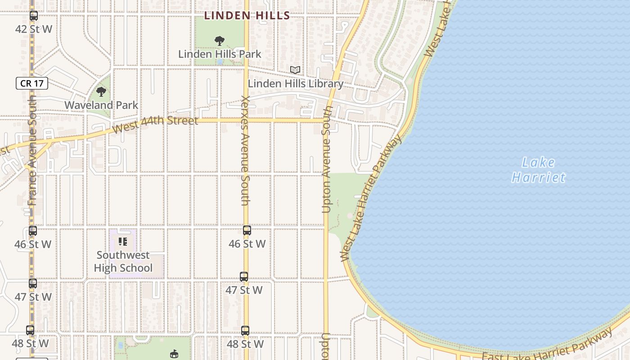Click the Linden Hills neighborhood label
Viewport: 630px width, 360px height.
[x=247, y=15]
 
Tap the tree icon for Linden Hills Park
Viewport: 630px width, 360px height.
[x=220, y=41]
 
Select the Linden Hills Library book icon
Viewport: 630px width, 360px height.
[x=295, y=70]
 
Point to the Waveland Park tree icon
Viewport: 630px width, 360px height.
[x=101, y=92]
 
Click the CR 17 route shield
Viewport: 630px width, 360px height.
[x=32, y=83]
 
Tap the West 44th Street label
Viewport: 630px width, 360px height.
[x=155, y=124]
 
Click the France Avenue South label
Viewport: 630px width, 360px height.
[x=32, y=150]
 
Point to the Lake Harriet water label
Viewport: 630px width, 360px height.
[x=539, y=170]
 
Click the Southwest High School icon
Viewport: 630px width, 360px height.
[x=123, y=242]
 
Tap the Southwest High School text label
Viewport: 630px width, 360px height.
[x=123, y=261]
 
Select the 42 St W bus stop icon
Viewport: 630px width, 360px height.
[x=34, y=16]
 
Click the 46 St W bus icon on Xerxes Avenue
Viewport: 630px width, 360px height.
[x=247, y=230]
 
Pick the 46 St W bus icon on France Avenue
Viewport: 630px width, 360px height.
[x=33, y=231]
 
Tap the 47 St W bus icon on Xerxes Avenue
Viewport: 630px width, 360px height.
[x=244, y=277]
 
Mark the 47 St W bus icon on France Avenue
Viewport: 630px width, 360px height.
[x=33, y=283]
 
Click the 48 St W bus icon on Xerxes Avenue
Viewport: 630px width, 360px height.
[x=245, y=331]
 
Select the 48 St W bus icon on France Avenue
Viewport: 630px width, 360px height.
[x=30, y=330]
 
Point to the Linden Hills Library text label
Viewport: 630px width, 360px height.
[x=296, y=84]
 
